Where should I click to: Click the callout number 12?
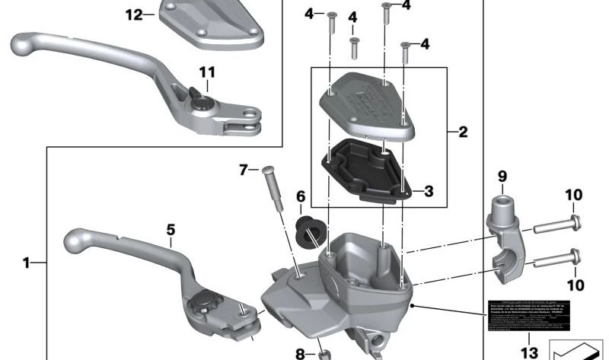133,15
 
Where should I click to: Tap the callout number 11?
207,73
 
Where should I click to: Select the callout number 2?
463,132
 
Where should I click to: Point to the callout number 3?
429,191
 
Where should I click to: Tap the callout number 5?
171,228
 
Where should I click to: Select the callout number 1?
27,263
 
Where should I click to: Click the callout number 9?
502,177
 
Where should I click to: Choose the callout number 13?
528,352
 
